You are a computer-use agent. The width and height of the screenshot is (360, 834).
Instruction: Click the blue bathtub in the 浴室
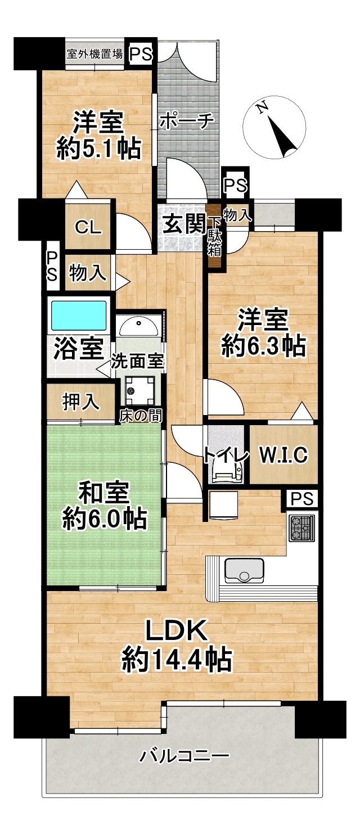click(79, 315)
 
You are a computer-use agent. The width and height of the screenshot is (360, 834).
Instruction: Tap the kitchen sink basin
click(244, 570)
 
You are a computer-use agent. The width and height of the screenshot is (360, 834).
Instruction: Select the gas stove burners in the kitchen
click(301, 528)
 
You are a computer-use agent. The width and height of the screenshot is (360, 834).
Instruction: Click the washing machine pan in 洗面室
click(139, 390)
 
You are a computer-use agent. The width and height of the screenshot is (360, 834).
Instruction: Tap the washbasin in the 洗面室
click(138, 326)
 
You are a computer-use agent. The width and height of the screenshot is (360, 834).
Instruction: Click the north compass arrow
click(281, 135)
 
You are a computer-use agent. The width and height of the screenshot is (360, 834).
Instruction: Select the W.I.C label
click(283, 454)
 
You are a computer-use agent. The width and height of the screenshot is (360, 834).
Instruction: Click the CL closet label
click(88, 227)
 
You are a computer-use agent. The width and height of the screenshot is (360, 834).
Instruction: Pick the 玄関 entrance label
click(184, 224)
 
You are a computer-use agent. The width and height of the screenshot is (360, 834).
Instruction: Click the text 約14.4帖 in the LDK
click(177, 659)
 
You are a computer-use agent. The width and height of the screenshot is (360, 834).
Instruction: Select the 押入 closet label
click(81, 402)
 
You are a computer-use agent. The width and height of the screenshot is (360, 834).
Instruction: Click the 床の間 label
click(141, 416)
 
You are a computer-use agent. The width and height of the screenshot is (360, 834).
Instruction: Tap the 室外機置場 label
click(94, 54)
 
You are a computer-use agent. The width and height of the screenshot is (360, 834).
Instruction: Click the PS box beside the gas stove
click(302, 499)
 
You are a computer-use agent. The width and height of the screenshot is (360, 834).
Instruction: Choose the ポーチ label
click(187, 121)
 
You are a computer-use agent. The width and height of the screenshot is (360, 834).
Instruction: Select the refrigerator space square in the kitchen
click(224, 504)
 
